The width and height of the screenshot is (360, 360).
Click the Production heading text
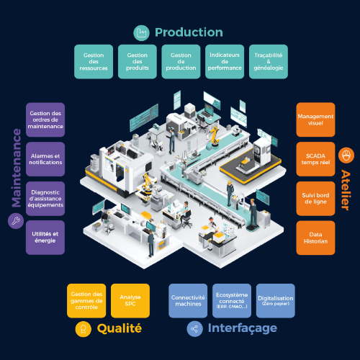189,32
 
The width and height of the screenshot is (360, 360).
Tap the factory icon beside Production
141,32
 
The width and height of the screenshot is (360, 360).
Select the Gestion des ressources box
94,62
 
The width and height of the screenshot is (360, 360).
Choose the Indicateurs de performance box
225,62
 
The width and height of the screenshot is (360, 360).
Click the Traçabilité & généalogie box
269,62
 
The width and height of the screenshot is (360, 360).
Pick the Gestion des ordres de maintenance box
45,120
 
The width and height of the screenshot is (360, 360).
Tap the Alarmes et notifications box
45,159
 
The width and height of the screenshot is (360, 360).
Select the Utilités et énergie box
45,238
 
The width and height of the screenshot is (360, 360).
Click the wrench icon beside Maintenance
16,221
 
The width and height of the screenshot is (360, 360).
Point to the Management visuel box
315,120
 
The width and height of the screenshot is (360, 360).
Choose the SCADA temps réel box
315,159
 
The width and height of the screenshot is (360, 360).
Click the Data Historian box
315,238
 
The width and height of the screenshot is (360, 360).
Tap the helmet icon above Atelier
346,156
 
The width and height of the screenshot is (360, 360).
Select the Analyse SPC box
130,301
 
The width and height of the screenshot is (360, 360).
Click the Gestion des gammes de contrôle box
86,301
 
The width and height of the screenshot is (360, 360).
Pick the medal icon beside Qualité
84,329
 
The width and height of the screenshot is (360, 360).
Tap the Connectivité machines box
188,301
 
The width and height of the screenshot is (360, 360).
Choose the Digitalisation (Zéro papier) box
276,301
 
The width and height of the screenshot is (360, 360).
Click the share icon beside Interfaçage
194,329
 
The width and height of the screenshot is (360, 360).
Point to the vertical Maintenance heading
17,168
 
